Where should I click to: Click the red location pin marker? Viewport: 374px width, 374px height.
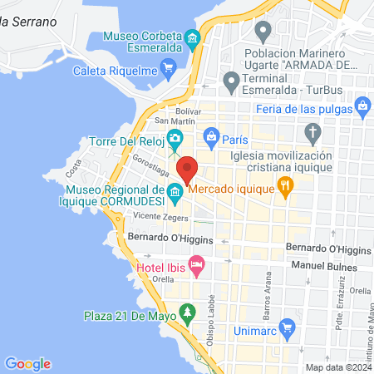(x=188, y=170)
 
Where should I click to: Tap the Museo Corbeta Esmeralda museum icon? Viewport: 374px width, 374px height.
(x=193, y=40)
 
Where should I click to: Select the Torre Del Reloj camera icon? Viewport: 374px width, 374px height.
(x=175, y=137)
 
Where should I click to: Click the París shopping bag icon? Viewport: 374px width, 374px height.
(x=211, y=135)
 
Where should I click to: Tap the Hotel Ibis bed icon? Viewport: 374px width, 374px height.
(x=197, y=268)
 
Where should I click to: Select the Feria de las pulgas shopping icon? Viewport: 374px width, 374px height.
(x=362, y=106)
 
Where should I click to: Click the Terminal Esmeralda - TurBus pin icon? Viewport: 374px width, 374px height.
(x=231, y=81)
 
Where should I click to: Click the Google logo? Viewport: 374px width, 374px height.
(x=28, y=363)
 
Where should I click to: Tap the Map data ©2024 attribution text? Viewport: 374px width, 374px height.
(x=338, y=367)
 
